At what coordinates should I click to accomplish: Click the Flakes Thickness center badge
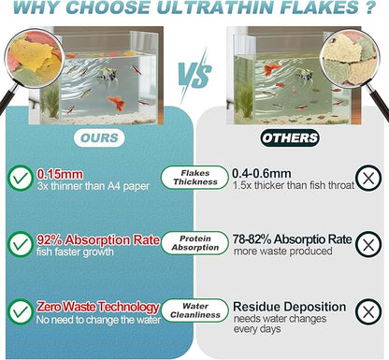coord(194,176)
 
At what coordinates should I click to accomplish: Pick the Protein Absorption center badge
coord(194,243)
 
